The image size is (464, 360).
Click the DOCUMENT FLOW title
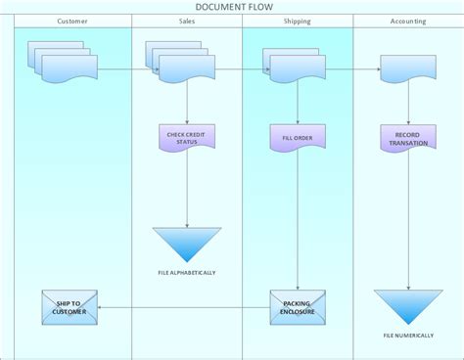click(x=232, y=7)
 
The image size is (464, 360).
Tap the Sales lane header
click(x=186, y=21)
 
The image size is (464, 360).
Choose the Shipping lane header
click(x=297, y=21)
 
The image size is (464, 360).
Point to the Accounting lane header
click(x=407, y=21)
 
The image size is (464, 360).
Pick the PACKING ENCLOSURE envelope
click(x=298, y=307)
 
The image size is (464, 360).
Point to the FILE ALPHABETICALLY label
click(x=186, y=271)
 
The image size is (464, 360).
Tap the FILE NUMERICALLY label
click(x=408, y=337)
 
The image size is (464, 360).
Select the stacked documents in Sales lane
click(x=177, y=63)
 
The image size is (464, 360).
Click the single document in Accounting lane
click(x=407, y=68)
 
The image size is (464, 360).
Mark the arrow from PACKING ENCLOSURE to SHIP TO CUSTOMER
click(x=186, y=307)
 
